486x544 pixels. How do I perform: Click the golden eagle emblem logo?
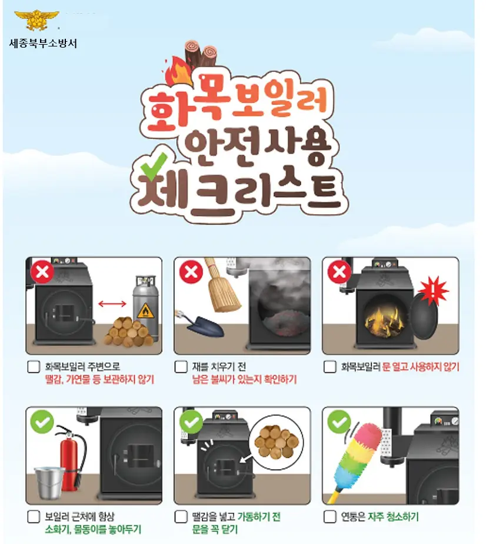click(x=36, y=20)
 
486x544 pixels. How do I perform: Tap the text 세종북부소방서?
click(x=43, y=44)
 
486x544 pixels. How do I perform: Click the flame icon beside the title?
click(x=178, y=71)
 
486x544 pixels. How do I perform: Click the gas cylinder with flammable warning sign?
click(x=146, y=308)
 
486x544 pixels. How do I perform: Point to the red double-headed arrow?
click(x=112, y=304)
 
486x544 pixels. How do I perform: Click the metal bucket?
click(x=49, y=482)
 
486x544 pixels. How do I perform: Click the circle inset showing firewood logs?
click(x=277, y=443)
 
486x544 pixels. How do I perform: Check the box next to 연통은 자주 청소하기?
click(x=329, y=517)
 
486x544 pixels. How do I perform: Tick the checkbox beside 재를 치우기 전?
click(x=181, y=367)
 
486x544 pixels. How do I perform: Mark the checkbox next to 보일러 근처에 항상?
click(x=34, y=517)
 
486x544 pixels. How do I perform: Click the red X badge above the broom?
click(x=191, y=272)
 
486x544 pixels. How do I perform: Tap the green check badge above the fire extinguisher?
click(x=42, y=422)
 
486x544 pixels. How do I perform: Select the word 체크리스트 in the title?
click(x=239, y=192)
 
